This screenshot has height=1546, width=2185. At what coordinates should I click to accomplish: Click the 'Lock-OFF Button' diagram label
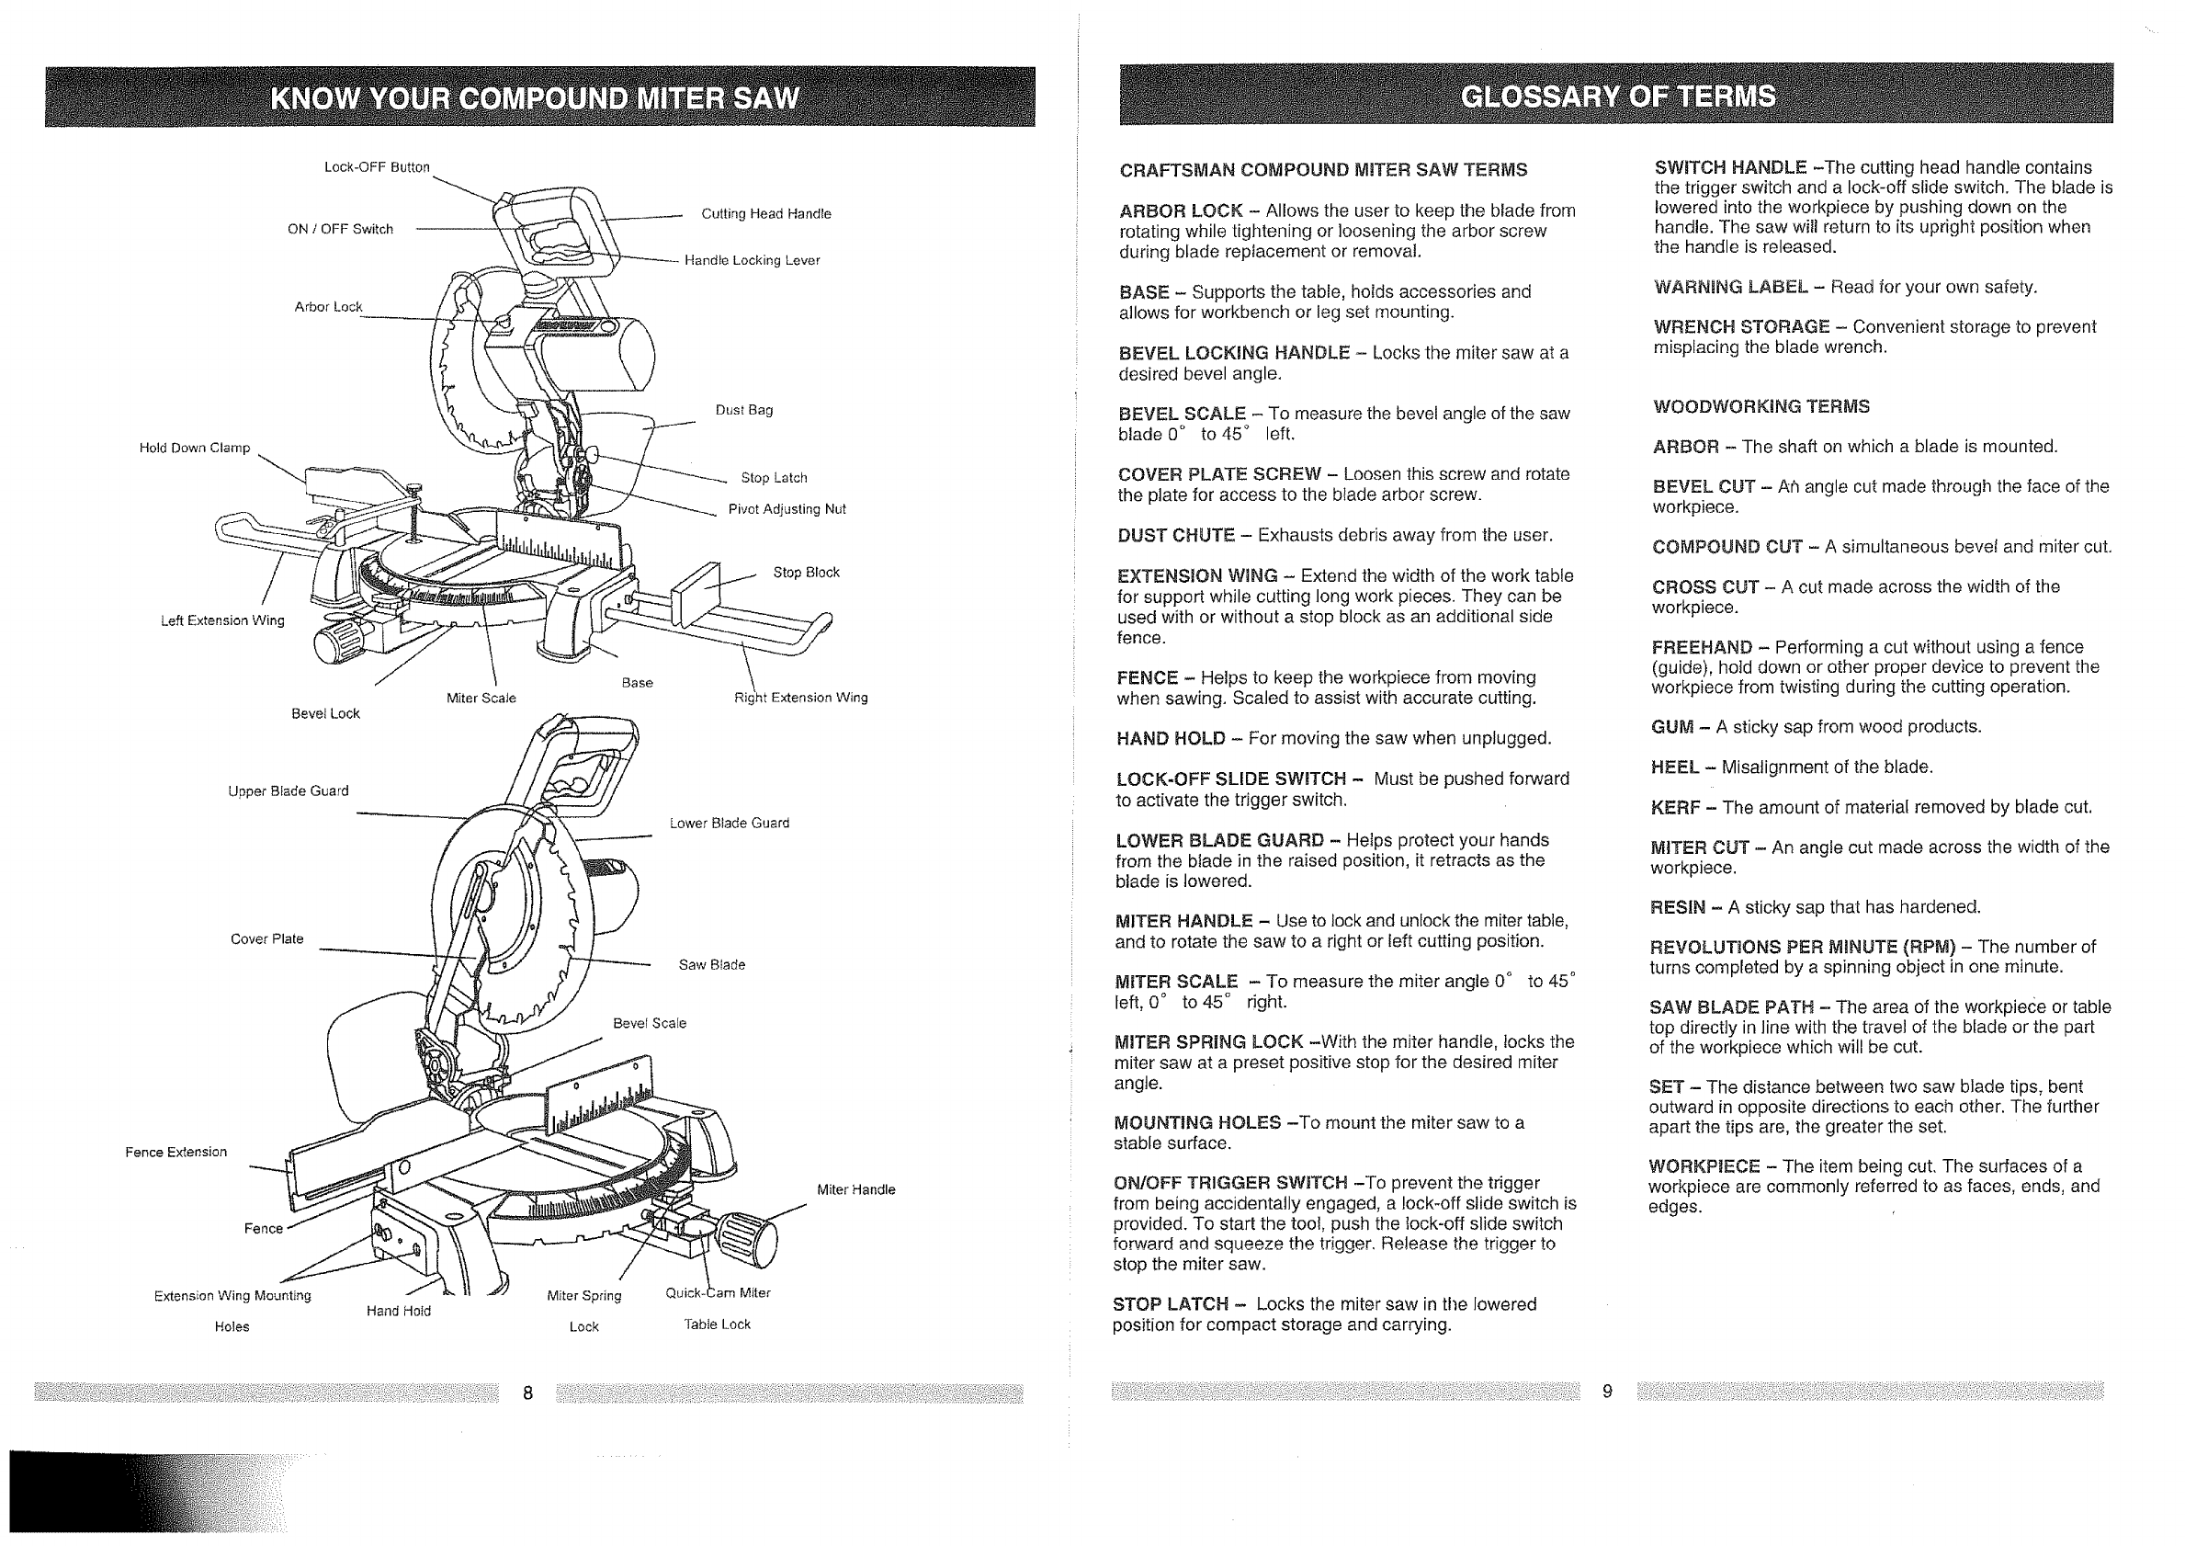377,167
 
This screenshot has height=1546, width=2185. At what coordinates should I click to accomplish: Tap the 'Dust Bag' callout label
743,410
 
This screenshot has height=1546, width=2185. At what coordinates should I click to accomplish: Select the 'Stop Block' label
805,572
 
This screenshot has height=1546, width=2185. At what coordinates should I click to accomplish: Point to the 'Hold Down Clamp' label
194,448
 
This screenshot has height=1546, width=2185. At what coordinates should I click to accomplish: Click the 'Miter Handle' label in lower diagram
855,1189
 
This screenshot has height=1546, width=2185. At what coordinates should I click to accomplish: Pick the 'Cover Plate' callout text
266,938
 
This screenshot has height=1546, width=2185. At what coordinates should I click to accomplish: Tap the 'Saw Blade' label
711,964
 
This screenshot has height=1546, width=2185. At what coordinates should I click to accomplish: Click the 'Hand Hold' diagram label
398,1311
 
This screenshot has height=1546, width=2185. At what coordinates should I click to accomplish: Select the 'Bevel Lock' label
325,713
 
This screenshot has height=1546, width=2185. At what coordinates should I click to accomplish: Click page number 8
527,1393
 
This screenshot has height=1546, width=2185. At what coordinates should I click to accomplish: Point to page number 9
1607,1391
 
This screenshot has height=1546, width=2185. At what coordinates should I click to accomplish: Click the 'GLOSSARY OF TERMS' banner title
1617,97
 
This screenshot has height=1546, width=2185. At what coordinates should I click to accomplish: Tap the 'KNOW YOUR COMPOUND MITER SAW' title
535,99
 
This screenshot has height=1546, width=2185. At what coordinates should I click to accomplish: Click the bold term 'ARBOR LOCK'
1180,210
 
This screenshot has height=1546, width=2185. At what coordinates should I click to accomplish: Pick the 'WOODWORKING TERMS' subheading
1760,406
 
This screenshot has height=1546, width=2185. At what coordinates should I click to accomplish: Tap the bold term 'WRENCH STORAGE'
1740,326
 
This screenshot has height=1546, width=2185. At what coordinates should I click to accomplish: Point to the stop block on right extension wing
696,596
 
